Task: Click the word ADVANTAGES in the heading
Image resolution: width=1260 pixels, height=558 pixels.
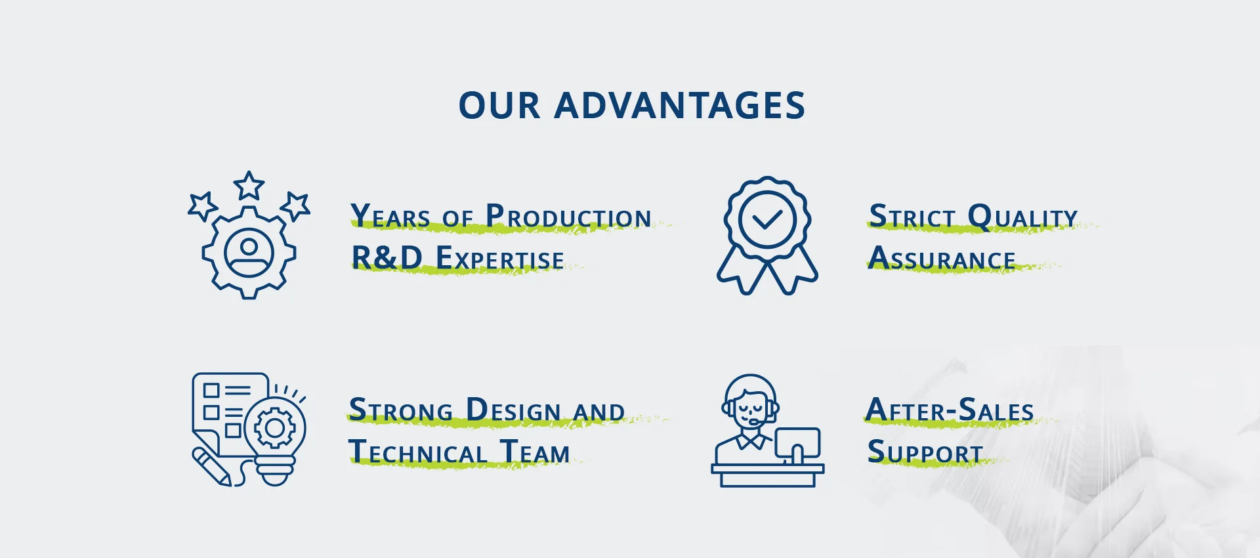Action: pos(679,106)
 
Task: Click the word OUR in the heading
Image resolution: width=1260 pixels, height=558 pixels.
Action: pos(499,106)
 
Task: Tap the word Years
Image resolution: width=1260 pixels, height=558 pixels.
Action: pos(390,216)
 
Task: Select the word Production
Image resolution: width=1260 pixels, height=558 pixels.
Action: pos(568,216)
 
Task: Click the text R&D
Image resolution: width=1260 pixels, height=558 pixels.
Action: pos(387,257)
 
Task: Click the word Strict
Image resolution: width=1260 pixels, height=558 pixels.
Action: pos(912,216)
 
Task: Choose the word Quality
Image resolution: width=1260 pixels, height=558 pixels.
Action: pos(1022,217)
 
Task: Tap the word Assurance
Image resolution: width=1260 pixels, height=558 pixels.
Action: pos(942,257)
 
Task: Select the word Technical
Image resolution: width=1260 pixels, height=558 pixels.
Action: pos(417,452)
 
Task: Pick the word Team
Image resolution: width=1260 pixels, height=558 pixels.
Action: pos(535,452)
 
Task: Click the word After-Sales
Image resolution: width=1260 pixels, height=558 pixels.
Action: pos(950,410)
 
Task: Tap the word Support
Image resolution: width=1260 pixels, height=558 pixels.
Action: pos(925,452)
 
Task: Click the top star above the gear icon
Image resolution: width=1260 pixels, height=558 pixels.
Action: pos(249,185)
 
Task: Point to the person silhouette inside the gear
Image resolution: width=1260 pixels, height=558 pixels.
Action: pos(249,253)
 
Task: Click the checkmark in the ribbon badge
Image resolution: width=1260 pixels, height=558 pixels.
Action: pos(767,219)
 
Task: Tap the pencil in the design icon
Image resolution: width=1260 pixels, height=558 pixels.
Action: pos(211,467)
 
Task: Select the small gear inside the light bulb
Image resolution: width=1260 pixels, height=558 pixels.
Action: pos(274,428)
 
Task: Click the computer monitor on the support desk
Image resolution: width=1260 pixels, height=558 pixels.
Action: pos(797,444)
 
